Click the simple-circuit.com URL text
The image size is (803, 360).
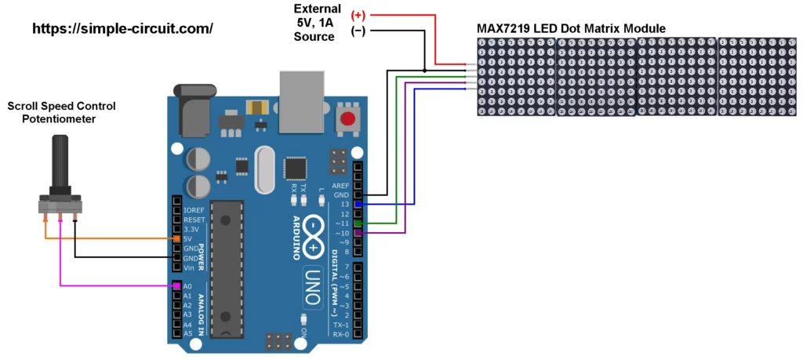coord(122,29)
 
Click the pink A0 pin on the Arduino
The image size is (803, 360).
coord(177,286)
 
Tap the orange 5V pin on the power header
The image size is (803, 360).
coord(177,238)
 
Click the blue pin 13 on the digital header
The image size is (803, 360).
coord(358,204)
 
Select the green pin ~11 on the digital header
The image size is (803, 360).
coord(358,224)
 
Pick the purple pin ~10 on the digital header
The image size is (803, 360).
coord(358,233)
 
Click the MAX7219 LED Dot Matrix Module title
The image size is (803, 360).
coord(572,29)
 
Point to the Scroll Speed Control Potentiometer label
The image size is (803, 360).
coord(52,112)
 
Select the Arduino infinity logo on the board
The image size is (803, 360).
coord(313,236)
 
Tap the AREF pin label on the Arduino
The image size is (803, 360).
coord(340,185)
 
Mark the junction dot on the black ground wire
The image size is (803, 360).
coord(425,71)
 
